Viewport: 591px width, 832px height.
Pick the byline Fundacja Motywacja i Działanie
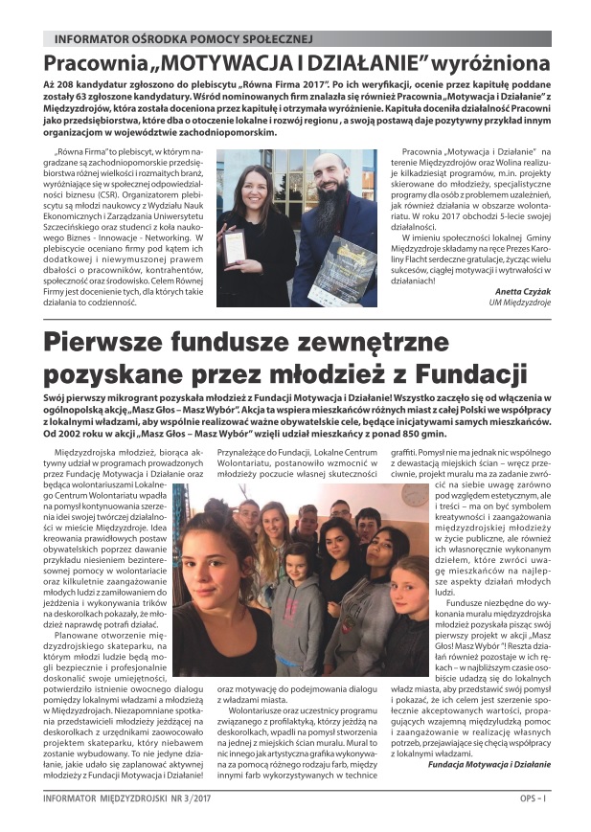[x=489, y=764]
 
